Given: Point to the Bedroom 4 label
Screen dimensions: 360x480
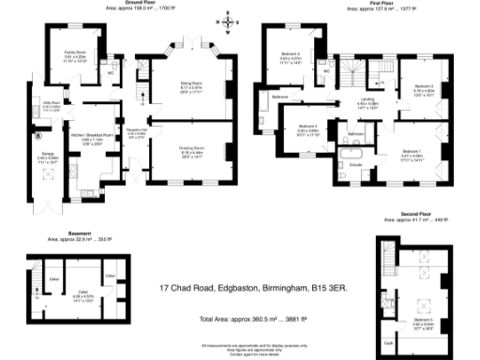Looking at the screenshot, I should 308,126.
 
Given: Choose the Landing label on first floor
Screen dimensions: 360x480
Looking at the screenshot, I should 368,98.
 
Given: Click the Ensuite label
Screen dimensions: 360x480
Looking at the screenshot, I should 356,165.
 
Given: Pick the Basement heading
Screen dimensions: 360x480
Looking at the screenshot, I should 80,232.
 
